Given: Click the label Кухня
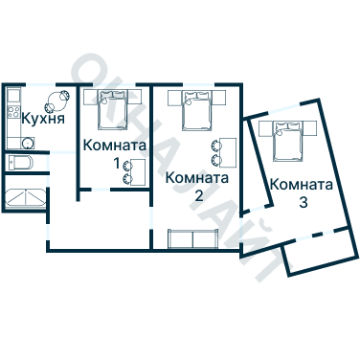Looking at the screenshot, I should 43,121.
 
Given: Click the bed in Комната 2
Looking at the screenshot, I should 199,110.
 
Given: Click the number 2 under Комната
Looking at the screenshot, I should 199,194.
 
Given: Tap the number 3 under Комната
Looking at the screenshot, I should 303,202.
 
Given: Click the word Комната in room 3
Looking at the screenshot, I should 302,185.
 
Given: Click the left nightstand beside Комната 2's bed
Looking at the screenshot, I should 173,97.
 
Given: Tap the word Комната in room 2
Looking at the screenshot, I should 197,177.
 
